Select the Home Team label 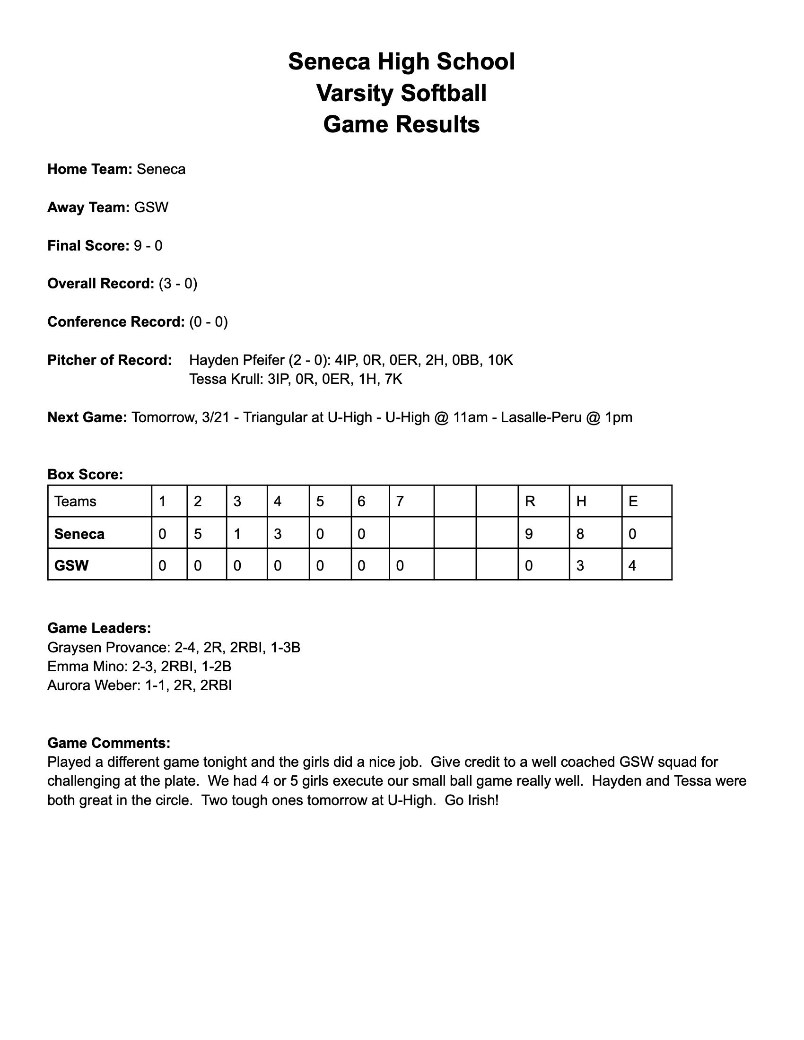tap(89, 170)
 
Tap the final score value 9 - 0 tap(148, 246)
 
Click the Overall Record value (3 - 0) tap(178, 284)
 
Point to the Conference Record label tap(116, 322)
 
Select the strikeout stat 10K tap(500, 360)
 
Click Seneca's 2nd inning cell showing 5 tap(198, 534)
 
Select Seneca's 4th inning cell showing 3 tap(278, 534)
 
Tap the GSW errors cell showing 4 tap(632, 566)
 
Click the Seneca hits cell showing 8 tap(580, 534)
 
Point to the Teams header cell tap(75, 502)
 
